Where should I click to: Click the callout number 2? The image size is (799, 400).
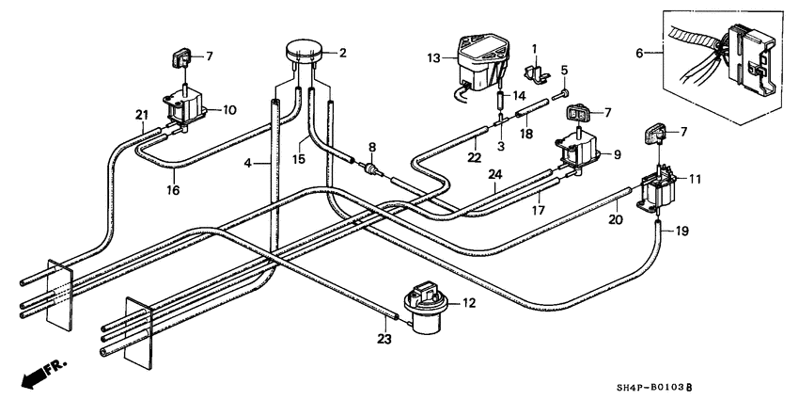(343, 53)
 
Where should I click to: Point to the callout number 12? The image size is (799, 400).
(470, 303)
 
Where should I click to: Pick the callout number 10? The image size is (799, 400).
(229, 109)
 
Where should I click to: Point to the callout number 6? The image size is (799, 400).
(642, 55)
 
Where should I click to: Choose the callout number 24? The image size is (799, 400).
(493, 175)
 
